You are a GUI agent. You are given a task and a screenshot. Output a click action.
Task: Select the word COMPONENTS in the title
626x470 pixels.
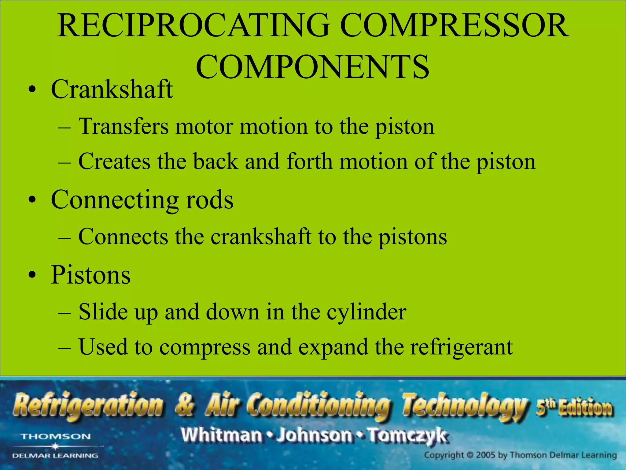coord(312,67)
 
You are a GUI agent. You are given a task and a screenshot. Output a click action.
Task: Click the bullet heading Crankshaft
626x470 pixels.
coord(112,89)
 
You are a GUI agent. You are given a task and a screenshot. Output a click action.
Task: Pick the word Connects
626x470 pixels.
coord(123,237)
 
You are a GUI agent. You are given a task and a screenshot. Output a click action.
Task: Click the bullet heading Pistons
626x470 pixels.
coord(91,274)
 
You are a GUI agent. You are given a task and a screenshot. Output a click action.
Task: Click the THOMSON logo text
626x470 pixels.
coord(56,437)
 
